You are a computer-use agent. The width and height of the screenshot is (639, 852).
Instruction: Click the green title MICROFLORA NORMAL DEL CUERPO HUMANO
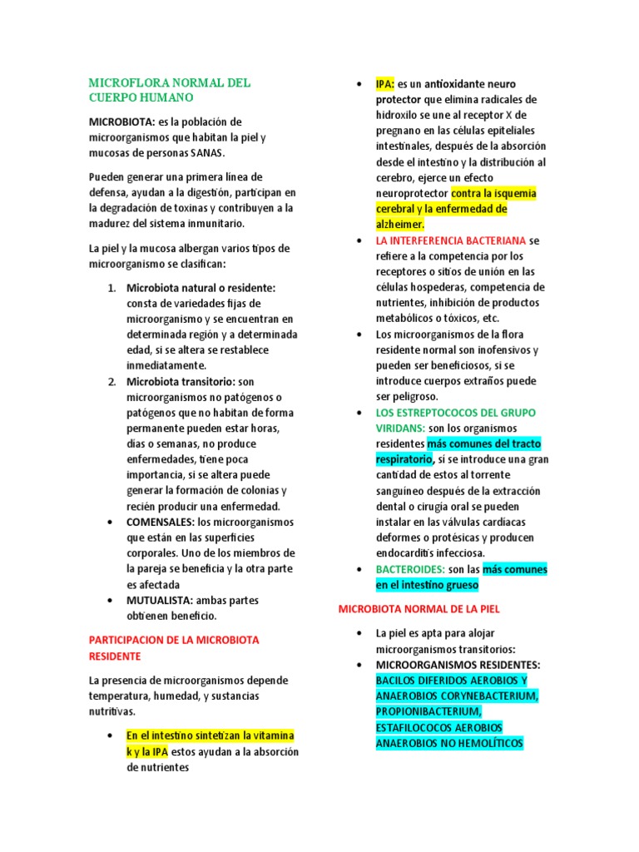170,90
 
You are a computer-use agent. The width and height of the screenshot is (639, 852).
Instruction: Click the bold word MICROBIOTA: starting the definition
121,122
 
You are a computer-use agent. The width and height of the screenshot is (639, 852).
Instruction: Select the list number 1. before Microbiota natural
111,287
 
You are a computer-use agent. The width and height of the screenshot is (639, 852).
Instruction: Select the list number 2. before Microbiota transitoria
111,381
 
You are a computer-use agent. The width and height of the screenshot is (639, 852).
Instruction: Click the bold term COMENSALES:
160,522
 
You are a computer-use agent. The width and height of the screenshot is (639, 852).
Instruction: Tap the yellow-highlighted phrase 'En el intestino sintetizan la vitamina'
210,736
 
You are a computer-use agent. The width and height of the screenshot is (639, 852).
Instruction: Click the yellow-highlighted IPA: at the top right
385,84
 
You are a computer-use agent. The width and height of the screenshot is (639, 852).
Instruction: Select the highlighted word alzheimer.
399,225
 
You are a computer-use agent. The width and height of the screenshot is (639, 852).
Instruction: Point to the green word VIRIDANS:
400,428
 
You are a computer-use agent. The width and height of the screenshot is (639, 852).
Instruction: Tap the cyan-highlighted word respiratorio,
404,458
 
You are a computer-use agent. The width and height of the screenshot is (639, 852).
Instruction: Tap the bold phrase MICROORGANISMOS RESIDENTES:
458,665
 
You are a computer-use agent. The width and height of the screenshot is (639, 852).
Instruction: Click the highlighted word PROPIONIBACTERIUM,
428,711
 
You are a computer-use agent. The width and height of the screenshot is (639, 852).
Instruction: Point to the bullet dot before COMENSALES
111,522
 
